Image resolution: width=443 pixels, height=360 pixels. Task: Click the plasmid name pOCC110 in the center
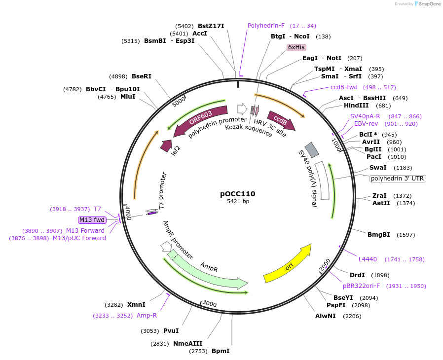click(238, 194)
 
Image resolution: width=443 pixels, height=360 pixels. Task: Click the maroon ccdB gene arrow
click(281, 120)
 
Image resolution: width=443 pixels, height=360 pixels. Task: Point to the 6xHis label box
click(296, 47)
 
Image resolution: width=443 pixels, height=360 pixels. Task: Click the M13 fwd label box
click(92, 220)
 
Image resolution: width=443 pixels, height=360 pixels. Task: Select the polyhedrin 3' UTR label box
click(398, 179)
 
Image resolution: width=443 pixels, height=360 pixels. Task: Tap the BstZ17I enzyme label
click(211, 26)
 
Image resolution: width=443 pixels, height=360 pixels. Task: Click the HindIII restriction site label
click(356, 106)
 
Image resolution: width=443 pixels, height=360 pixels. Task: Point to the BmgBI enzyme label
click(379, 235)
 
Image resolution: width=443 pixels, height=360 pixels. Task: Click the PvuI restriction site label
click(171, 331)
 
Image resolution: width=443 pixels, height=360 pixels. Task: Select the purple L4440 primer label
click(368, 259)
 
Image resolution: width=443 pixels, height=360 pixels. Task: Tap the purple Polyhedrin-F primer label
click(266, 26)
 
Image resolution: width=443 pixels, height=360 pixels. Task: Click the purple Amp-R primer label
click(147, 316)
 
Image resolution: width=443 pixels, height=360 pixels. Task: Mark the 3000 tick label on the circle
click(210, 304)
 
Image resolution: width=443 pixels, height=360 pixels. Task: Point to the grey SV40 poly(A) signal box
click(312, 150)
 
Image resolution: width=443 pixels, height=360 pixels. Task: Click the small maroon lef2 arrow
click(166, 146)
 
